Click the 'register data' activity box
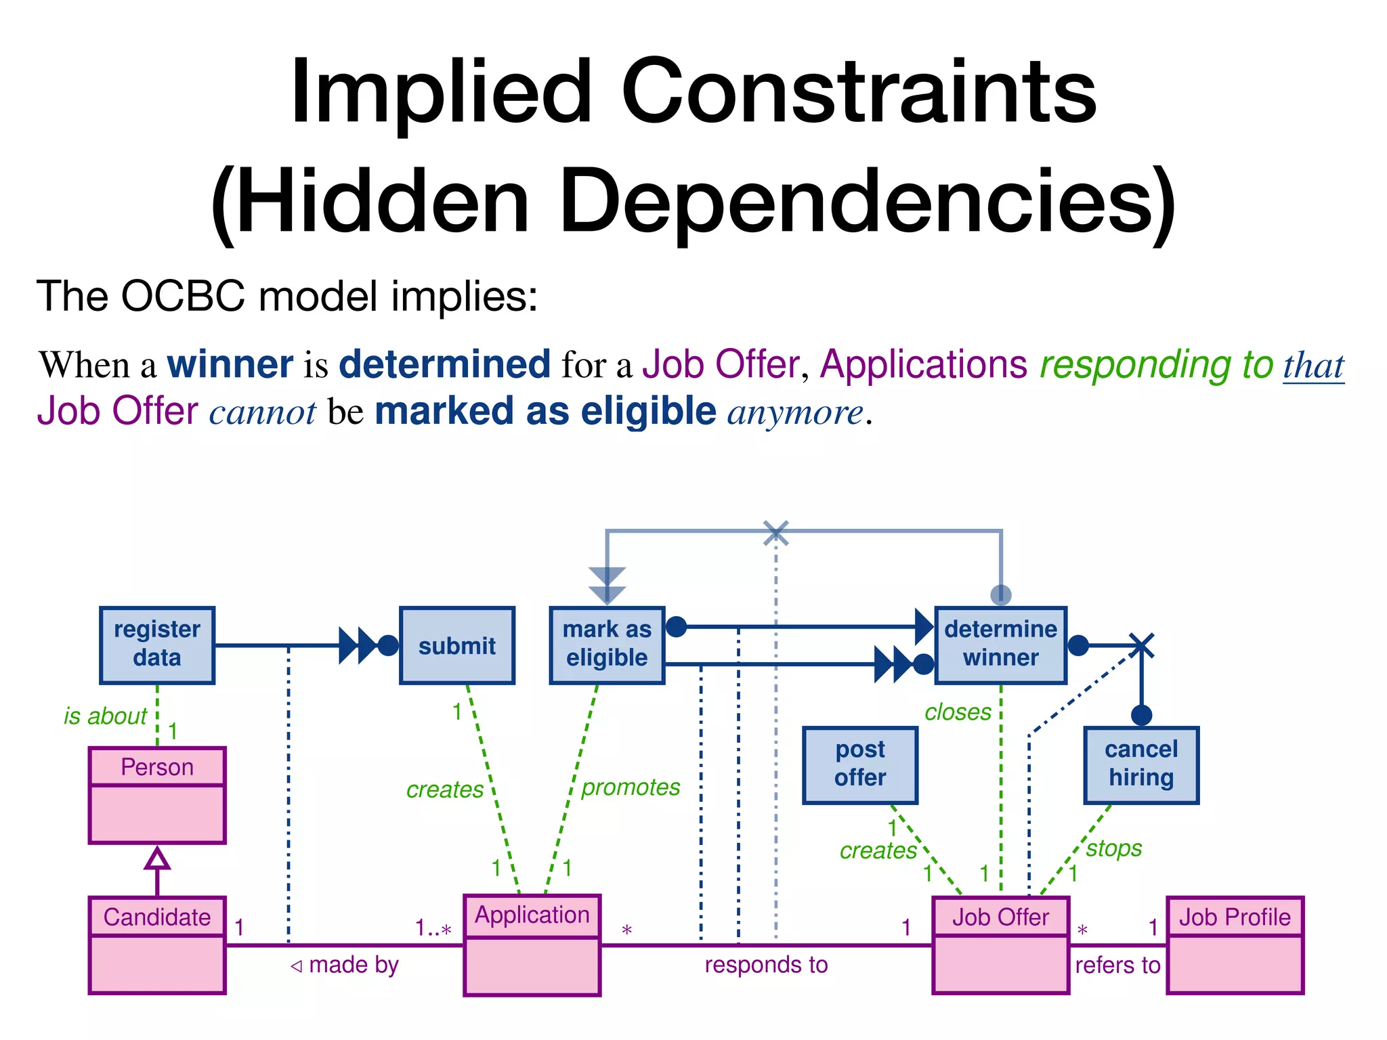click(x=157, y=645)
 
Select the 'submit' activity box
click(x=457, y=645)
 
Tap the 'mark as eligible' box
click(x=607, y=645)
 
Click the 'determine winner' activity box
click(x=1000, y=645)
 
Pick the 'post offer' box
click(x=860, y=764)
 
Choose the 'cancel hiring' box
click(x=1141, y=764)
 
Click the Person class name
click(x=157, y=767)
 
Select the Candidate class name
click(x=157, y=917)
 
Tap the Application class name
click(x=532, y=915)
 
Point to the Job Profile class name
click(x=1235, y=917)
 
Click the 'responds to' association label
click(x=766, y=964)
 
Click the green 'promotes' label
click(x=631, y=787)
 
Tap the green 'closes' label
click(x=958, y=712)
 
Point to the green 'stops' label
click(x=1114, y=848)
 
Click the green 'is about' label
click(x=105, y=716)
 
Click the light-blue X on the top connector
click(x=776, y=533)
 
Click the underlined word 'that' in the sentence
click(x=1313, y=366)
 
